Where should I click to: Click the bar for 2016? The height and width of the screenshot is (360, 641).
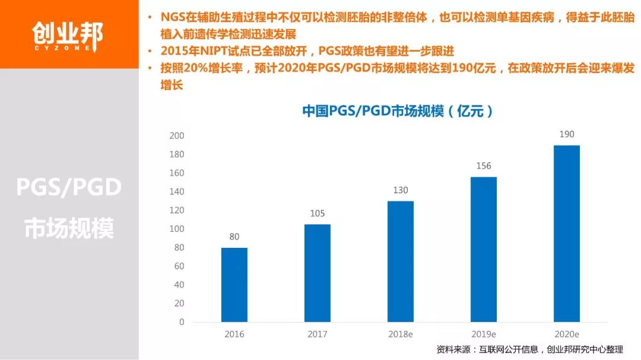[234, 285]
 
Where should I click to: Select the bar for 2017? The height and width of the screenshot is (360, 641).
[318, 273]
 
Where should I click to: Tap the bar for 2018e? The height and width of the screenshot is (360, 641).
[401, 261]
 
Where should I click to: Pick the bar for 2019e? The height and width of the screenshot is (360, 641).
[484, 249]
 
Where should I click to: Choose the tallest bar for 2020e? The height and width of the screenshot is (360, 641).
[567, 233]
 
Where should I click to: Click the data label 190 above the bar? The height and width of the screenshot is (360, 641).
[567, 134]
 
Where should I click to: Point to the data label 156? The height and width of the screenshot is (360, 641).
[484, 166]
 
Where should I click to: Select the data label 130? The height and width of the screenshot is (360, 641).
[401, 190]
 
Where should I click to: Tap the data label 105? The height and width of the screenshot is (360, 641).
[318, 214]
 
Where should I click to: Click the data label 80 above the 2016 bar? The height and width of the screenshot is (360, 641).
[234, 237]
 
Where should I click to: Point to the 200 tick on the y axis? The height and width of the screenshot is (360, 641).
[177, 136]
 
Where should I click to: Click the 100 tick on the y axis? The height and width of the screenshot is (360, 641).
[177, 229]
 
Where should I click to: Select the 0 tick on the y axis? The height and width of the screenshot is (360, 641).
[182, 322]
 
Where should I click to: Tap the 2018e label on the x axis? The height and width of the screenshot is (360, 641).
[401, 334]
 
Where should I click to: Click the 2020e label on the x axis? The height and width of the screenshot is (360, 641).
[567, 334]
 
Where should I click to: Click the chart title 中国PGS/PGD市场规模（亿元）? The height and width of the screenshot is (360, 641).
[397, 111]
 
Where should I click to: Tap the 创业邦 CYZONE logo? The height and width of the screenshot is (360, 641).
[68, 34]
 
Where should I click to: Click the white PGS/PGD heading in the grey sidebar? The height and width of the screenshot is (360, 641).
[69, 188]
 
